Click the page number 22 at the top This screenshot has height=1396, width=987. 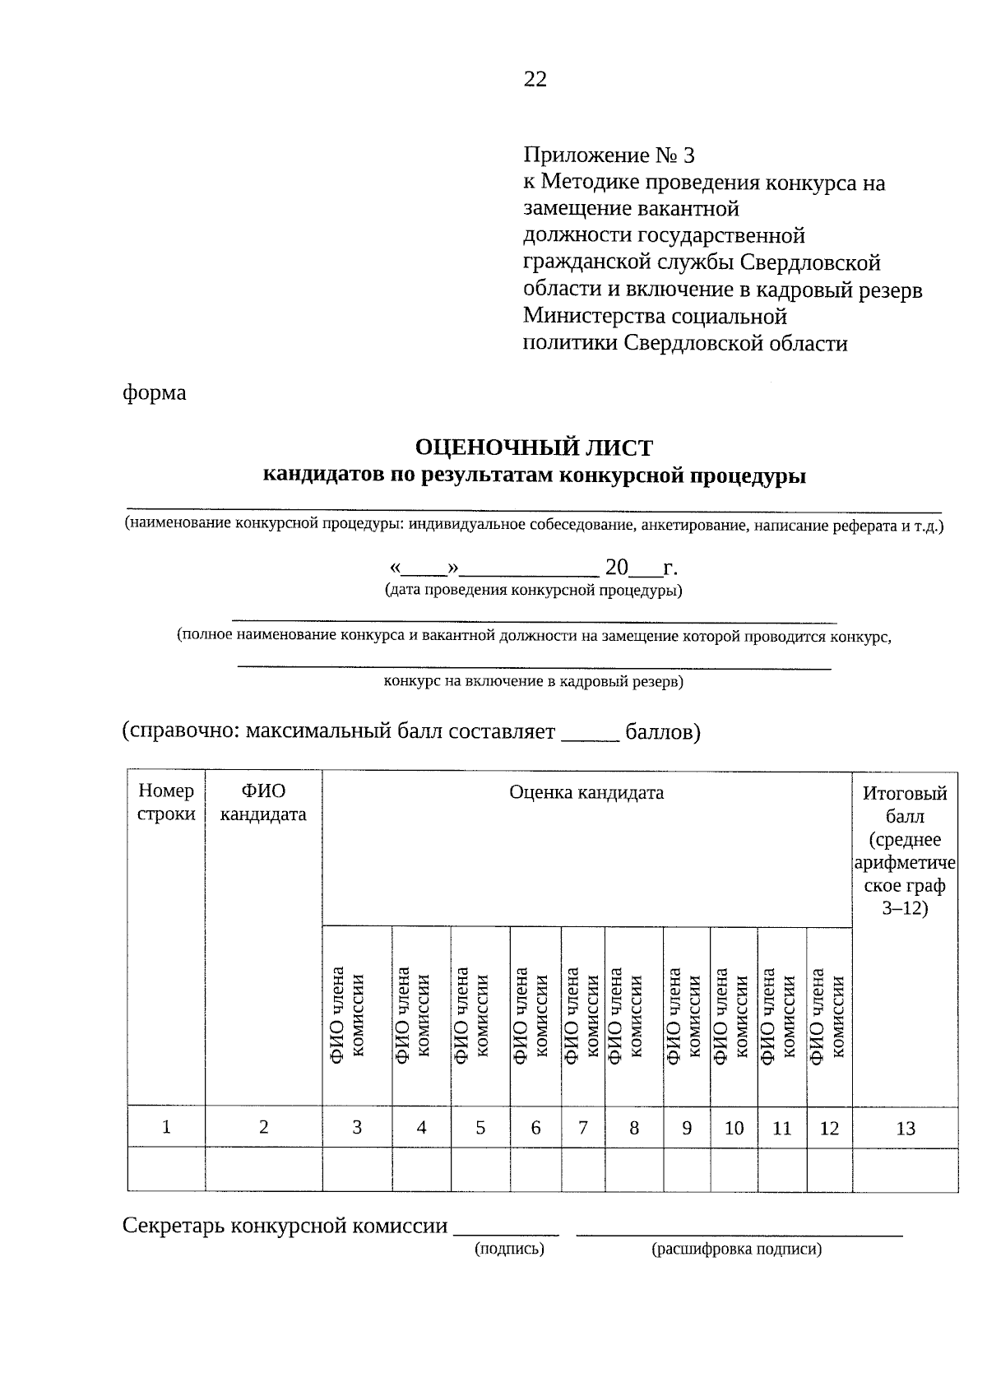pos(535,79)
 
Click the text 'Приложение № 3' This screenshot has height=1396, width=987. pos(609,155)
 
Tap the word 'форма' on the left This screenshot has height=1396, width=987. pos(155,392)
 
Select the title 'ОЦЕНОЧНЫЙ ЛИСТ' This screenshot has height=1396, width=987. pos(534,448)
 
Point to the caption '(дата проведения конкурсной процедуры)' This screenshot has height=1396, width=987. pos(534,591)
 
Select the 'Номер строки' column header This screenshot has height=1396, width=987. pos(166,802)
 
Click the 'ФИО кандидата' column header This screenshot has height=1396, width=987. pos(263,802)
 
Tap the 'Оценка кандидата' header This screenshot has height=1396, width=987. pos(586,792)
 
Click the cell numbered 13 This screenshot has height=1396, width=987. pos(905,1128)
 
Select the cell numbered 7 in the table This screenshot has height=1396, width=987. pos(582,1128)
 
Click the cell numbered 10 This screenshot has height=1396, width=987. pos(734,1128)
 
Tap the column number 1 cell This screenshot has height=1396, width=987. pos(166,1127)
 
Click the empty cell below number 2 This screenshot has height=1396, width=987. pos(263,1170)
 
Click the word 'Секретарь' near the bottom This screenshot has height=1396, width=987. pos(174,1226)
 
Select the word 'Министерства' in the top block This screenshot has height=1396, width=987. pos(594,316)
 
